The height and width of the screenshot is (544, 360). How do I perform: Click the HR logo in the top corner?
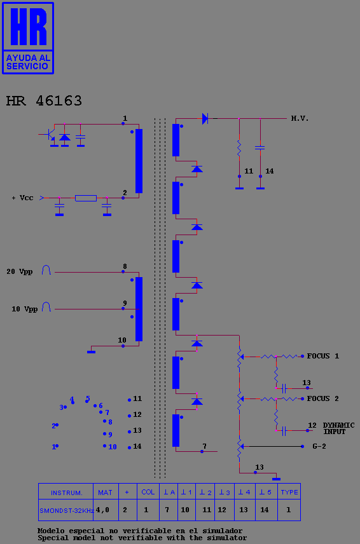coord(28,38)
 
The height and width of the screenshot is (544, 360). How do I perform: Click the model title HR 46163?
coord(44,100)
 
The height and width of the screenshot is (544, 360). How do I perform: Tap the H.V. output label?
coord(300,118)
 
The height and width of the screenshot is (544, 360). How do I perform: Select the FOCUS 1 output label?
coord(322,356)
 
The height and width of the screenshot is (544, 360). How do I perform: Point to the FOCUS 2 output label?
coord(322,398)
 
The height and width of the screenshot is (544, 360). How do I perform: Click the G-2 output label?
coord(319,447)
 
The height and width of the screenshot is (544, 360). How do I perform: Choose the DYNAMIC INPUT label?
coord(338,428)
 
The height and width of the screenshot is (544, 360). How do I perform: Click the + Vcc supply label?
coord(22,198)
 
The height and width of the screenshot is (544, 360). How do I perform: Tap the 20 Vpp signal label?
coord(20,271)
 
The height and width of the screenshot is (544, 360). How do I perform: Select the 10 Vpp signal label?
coord(24,309)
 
